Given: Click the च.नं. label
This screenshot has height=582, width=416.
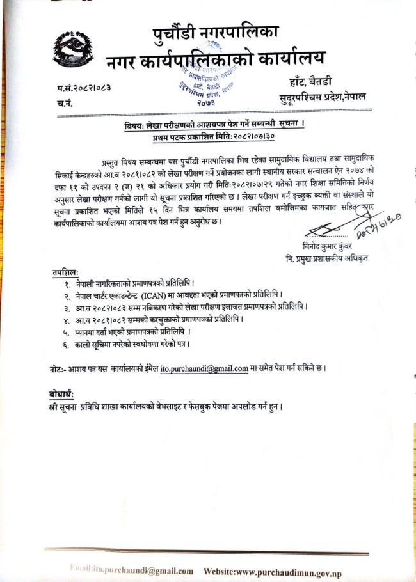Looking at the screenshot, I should coord(66,102).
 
